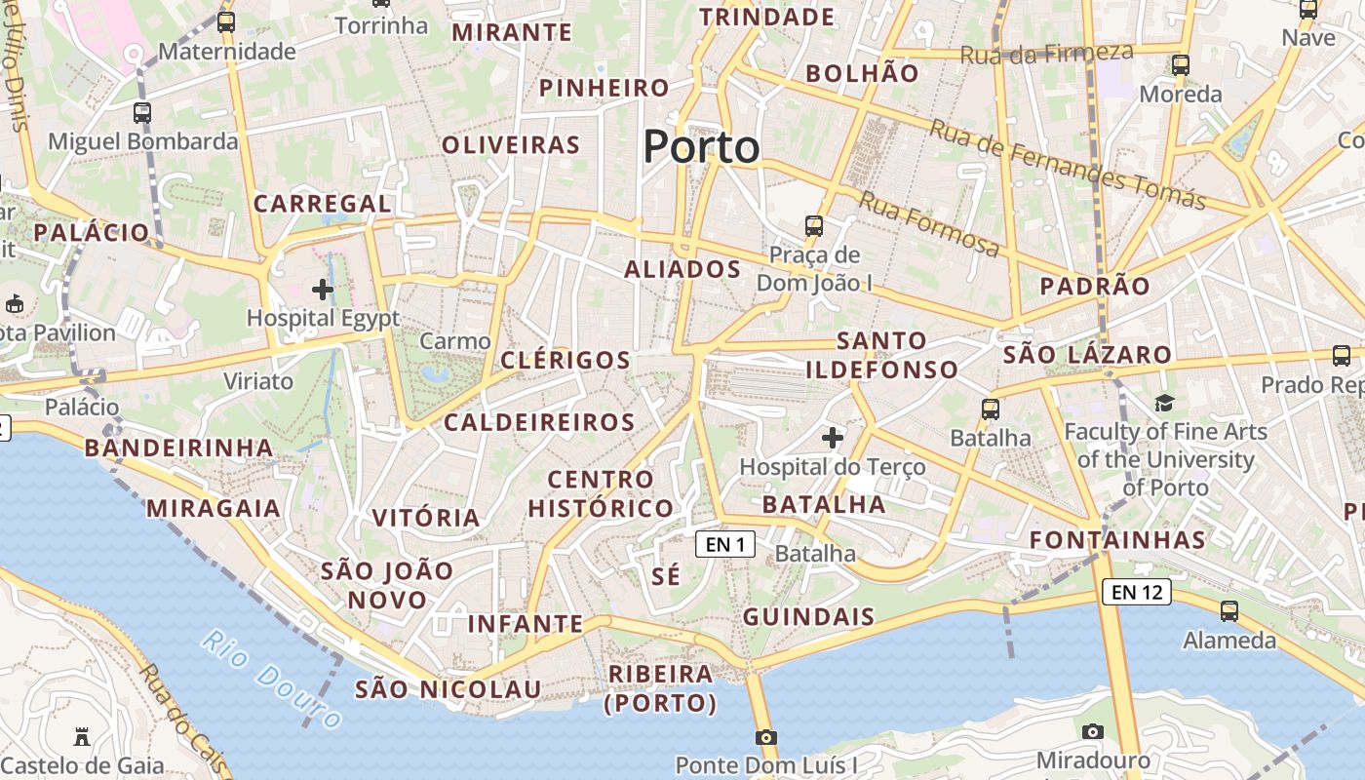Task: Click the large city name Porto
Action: click(701, 147)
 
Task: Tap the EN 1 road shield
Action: click(725, 544)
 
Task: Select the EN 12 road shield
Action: click(1137, 591)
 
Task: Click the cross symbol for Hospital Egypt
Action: click(323, 290)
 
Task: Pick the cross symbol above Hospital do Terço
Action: click(832, 438)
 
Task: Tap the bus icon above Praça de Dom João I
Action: click(814, 226)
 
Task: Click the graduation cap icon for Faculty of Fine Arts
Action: click(1164, 403)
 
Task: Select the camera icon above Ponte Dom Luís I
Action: click(766, 736)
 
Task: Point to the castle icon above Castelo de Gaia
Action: click(82, 736)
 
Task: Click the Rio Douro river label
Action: click(272, 679)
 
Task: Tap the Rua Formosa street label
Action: click(929, 224)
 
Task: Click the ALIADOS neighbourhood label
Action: click(682, 269)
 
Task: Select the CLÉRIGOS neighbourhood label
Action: click(565, 360)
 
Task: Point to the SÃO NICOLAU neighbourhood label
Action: click(448, 689)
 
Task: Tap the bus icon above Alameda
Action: click(1229, 611)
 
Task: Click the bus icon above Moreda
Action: click(1181, 65)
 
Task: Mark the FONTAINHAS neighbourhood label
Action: click(1117, 539)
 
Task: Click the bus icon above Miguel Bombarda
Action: click(142, 112)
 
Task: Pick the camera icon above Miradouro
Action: click(1093, 731)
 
